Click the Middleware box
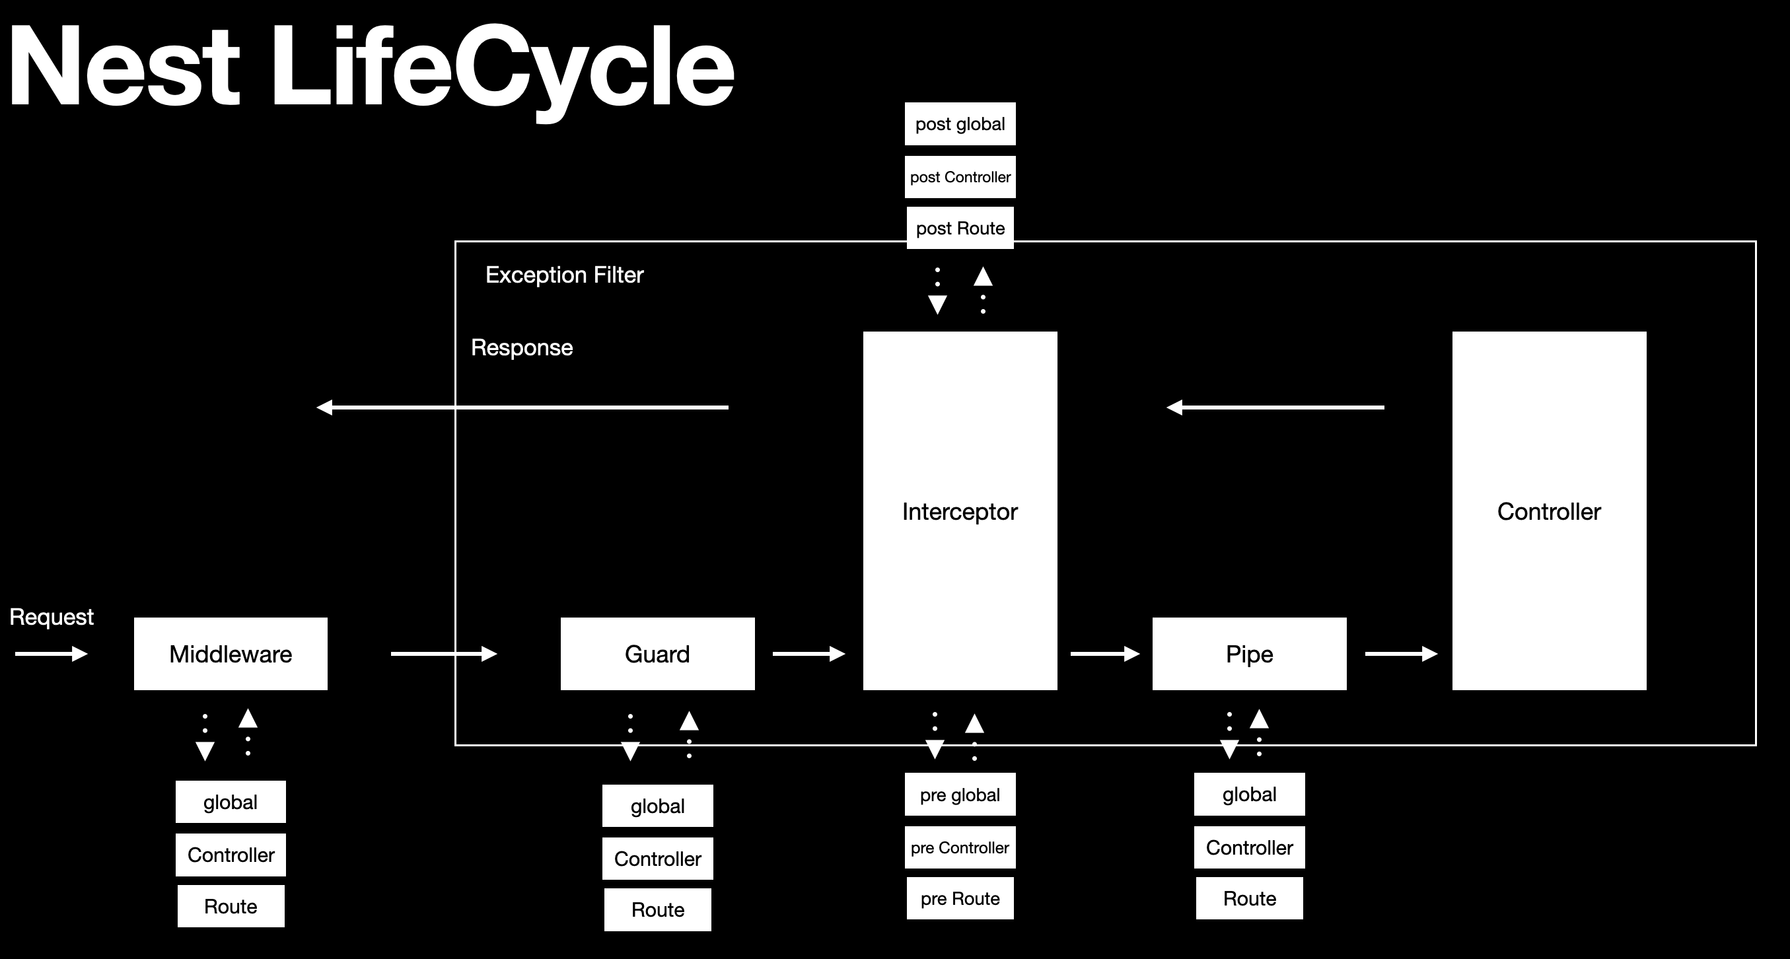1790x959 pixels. [x=230, y=653]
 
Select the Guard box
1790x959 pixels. [x=657, y=653]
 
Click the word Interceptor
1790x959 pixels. [x=959, y=511]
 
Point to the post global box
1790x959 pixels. [x=960, y=124]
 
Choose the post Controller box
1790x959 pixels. [x=960, y=176]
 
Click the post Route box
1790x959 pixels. [x=960, y=228]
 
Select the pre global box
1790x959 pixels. [x=960, y=795]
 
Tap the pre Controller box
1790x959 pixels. [x=960, y=847]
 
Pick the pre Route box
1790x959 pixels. [x=960, y=898]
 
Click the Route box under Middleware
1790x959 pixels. [x=230, y=906]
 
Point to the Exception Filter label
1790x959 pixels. [x=563, y=275]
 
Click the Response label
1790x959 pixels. [x=521, y=347]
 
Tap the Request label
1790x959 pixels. [x=51, y=616]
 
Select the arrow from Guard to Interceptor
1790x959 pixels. [x=808, y=653]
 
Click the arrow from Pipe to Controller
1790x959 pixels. [x=1400, y=653]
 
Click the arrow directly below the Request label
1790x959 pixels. [x=51, y=653]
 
